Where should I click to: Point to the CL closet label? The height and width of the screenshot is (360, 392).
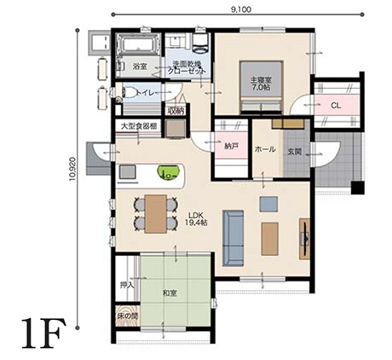point(337,105)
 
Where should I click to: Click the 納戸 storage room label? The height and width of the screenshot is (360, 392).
point(231,146)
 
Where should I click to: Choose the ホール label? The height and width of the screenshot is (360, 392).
point(265,149)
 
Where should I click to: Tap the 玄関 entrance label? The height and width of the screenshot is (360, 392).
point(295,152)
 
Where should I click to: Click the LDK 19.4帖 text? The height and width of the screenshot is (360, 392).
point(197,217)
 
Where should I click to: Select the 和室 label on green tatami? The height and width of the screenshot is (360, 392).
point(171,293)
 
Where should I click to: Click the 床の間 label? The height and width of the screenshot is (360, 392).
point(127,317)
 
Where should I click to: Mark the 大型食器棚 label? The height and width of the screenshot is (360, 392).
point(138,126)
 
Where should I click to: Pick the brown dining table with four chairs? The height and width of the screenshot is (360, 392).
point(156,212)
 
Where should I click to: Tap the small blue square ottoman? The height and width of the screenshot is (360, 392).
point(268,204)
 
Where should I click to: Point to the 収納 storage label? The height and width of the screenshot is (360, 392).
point(176,110)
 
